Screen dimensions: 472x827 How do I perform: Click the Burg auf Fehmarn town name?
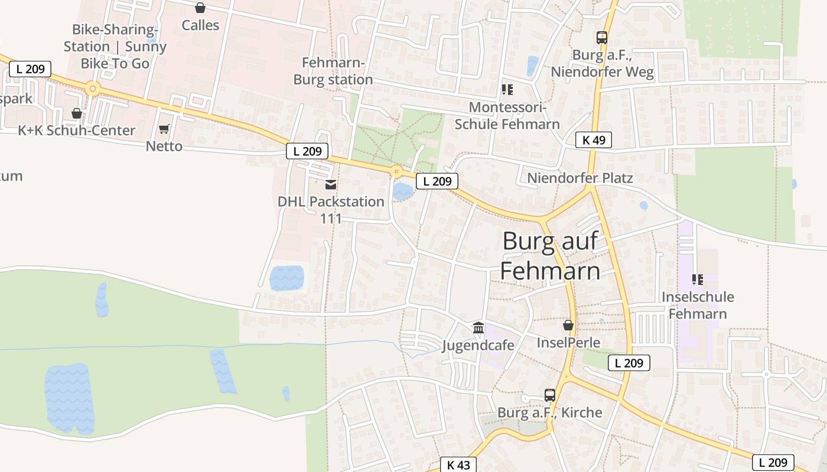tap(551, 256)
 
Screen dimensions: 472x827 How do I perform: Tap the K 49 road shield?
tap(593, 140)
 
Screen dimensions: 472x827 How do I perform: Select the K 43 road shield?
tap(458, 464)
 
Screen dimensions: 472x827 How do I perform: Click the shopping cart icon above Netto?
tap(164, 129)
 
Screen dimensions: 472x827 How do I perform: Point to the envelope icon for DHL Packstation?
tap(331, 185)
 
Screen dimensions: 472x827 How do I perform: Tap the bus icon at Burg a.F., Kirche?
tap(550, 395)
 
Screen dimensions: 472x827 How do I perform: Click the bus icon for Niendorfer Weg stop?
tap(602, 38)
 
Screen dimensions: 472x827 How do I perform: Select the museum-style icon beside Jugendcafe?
tap(478, 327)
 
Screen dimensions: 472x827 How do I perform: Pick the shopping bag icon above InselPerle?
tap(568, 325)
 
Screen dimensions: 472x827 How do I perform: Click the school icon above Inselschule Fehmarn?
tap(697, 279)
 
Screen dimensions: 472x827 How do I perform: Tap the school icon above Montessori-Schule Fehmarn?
tap(507, 90)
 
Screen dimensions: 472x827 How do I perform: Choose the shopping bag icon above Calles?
tap(200, 8)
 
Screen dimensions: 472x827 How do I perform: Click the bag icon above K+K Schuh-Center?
tap(77, 113)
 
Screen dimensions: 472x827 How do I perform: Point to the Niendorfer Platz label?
tap(579, 178)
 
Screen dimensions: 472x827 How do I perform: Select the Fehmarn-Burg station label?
tap(333, 71)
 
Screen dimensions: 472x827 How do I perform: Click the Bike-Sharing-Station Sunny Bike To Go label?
tap(115, 46)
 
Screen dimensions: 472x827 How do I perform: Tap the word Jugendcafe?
tap(478, 345)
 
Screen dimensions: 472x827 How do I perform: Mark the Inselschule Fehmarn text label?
tap(698, 305)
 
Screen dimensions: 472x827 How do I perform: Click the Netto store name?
tap(164, 146)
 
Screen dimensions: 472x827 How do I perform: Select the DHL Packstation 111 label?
tap(331, 209)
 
